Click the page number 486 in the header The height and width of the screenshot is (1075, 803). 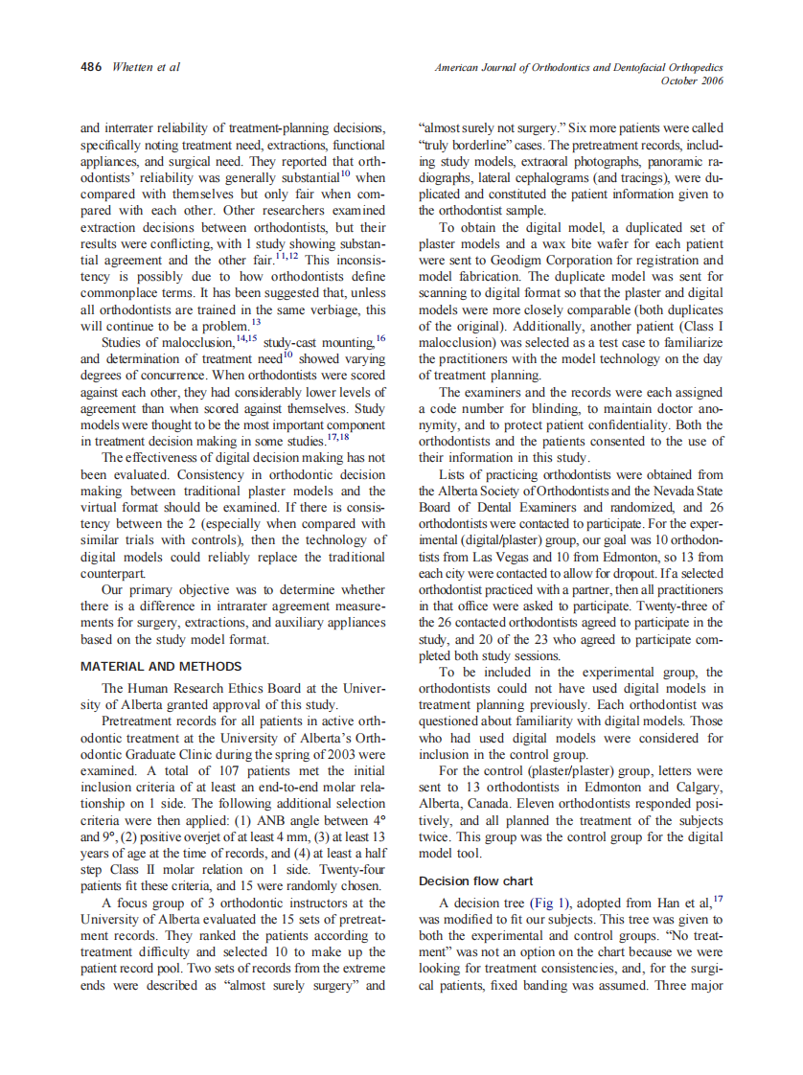(x=92, y=67)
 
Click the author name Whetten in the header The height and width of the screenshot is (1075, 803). (x=132, y=67)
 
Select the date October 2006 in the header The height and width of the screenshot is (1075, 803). (x=692, y=80)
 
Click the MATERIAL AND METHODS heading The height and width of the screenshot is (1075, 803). (x=161, y=667)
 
